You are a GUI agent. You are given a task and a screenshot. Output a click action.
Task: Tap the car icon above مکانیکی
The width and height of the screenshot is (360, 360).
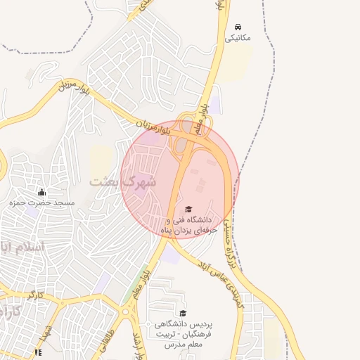(x=238, y=26)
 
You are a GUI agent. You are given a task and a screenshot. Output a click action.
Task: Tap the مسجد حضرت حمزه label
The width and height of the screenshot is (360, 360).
(x=41, y=202)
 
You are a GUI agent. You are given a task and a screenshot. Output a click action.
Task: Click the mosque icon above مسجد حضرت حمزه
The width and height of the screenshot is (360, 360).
(x=41, y=192)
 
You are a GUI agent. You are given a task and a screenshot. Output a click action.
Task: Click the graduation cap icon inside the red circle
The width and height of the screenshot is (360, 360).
(x=188, y=210)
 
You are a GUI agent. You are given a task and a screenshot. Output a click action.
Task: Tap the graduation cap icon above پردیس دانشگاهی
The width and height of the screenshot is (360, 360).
(x=183, y=314)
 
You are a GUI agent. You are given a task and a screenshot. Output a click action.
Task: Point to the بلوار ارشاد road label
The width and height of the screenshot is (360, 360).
(x=138, y=341)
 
